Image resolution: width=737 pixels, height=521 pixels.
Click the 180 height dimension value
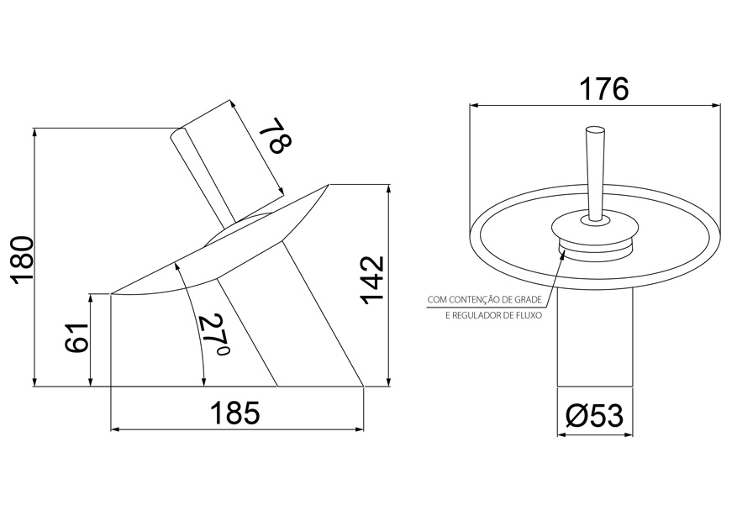click(x=20, y=258)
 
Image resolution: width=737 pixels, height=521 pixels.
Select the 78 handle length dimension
click(x=274, y=137)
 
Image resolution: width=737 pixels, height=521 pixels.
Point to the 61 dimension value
click(x=76, y=338)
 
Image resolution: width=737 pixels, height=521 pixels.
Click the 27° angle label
click(x=213, y=336)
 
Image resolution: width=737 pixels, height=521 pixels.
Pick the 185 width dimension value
click(x=236, y=413)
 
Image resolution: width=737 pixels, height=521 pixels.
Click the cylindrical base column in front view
click(x=594, y=336)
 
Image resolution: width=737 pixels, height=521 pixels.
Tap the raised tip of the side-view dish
click(x=328, y=184)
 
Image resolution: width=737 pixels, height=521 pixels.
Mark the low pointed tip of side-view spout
click(x=113, y=293)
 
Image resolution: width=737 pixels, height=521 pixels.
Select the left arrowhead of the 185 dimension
click(x=115, y=429)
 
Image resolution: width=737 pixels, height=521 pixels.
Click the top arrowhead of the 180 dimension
click(x=35, y=132)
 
